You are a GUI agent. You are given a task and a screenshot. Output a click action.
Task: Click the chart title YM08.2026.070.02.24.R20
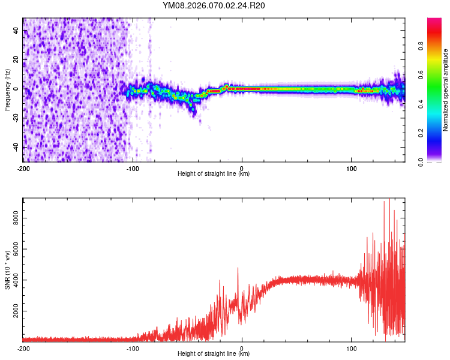pyautogui.click(x=214, y=6)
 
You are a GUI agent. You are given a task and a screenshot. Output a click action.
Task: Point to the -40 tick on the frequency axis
pyautogui.click(x=16, y=146)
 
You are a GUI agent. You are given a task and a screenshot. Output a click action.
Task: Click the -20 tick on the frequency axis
pyautogui.click(x=16, y=118)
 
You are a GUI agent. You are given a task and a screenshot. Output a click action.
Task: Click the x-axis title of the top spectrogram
pyautogui.click(x=214, y=174)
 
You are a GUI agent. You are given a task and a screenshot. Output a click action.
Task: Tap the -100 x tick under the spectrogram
pyautogui.click(x=133, y=167)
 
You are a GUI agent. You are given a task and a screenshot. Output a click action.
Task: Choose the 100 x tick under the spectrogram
pyautogui.click(x=351, y=167)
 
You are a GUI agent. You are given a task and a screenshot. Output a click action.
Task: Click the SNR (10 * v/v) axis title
pyautogui.click(x=8, y=269)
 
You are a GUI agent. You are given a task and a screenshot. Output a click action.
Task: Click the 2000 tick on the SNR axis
pyautogui.click(x=16, y=311)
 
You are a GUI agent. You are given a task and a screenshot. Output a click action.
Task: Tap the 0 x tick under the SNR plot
pyautogui.click(x=242, y=348)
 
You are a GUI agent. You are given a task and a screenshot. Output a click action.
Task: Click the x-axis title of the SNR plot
pyautogui.click(x=214, y=354)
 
